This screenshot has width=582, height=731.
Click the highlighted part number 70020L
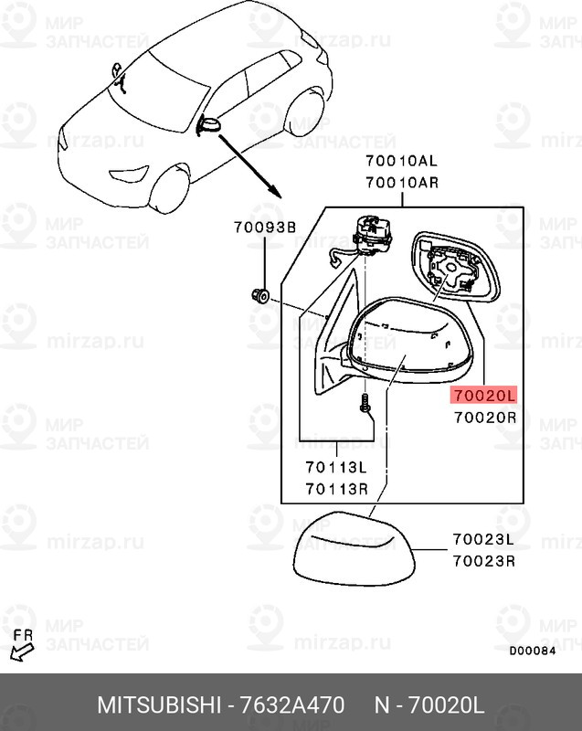pyautogui.click(x=483, y=396)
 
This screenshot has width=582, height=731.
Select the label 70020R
pyautogui.click(x=485, y=418)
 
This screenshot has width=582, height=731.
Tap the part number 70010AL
pyautogui.click(x=401, y=162)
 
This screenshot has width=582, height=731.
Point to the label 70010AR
pyautogui.click(x=402, y=182)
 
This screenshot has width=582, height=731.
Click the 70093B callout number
pyautogui.click(x=265, y=227)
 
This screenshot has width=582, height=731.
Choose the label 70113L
pyautogui.click(x=336, y=467)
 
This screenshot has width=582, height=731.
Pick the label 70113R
pyautogui.click(x=336, y=489)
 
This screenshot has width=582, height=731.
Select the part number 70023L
pyautogui.click(x=483, y=539)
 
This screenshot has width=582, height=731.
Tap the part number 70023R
pyautogui.click(x=483, y=561)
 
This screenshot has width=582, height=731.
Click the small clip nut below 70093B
pyautogui.click(x=260, y=295)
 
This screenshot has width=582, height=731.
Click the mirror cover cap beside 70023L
pyautogui.click(x=354, y=549)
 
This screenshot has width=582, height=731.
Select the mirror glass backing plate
pyautogui.click(x=456, y=267)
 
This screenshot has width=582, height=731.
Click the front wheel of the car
pyautogui.click(x=168, y=189)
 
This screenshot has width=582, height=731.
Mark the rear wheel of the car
pyautogui.click(x=306, y=113)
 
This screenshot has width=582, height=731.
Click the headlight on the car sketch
pyautogui.click(x=129, y=174)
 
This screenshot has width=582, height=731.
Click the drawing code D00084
pyautogui.click(x=532, y=651)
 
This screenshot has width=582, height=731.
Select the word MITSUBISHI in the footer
pyautogui.click(x=158, y=705)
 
